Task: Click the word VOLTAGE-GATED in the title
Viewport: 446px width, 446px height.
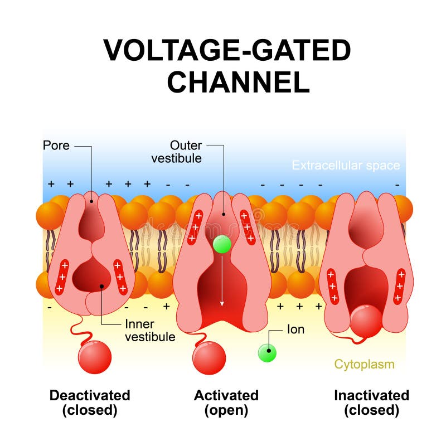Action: [x=227, y=51]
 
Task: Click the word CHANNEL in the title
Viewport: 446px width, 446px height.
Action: [x=238, y=82]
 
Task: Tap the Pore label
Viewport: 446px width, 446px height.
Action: [x=56, y=146]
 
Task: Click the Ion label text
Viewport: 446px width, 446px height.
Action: [x=295, y=329]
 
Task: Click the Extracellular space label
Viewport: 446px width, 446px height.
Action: [x=346, y=166]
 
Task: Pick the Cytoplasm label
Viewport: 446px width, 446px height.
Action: [x=364, y=364]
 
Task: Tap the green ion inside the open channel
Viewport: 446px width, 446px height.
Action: [x=222, y=245]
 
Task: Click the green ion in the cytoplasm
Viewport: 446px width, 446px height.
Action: [x=268, y=352]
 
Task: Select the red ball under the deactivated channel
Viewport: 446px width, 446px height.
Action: [x=95, y=357]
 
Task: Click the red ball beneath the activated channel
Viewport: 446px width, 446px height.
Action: [x=209, y=357]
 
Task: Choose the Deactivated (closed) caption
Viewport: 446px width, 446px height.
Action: [x=90, y=403]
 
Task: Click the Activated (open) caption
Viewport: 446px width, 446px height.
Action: [x=226, y=403]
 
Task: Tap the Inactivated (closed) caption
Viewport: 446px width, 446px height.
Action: [x=371, y=403]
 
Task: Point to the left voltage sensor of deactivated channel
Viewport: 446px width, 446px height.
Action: [x=62, y=277]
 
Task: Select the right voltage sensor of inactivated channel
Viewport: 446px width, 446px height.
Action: [x=399, y=286]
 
